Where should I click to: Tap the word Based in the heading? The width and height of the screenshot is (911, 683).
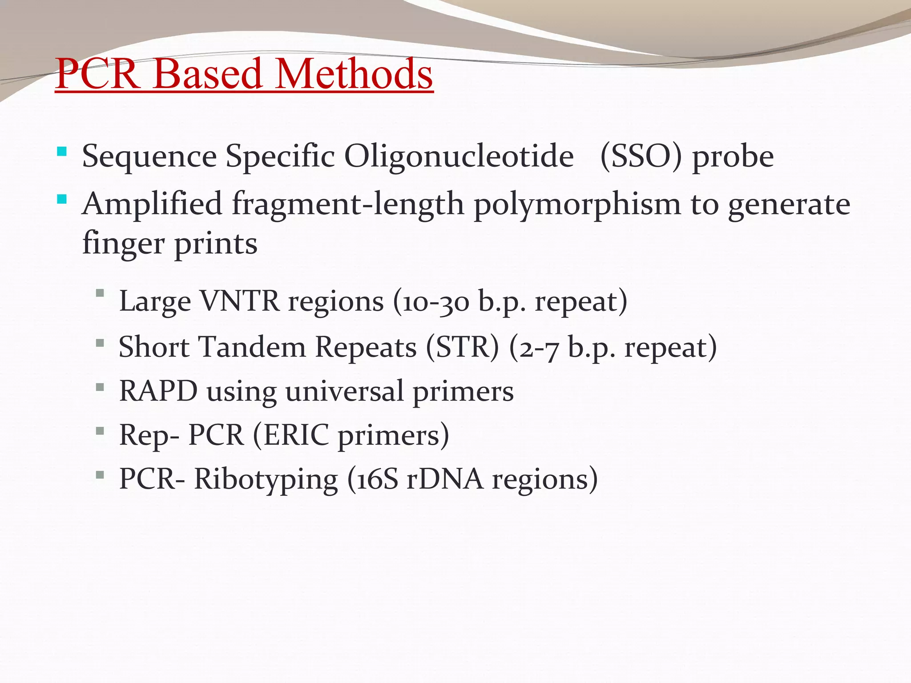pyautogui.click(x=208, y=74)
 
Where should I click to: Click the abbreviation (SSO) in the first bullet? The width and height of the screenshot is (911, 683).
pyautogui.click(x=641, y=157)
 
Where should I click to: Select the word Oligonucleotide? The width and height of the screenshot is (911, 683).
pyautogui.click(x=459, y=157)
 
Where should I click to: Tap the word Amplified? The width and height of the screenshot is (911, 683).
pyautogui.click(x=152, y=205)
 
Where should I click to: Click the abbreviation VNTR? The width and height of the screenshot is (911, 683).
pyautogui.click(x=239, y=301)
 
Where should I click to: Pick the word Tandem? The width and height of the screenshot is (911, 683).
pyautogui.click(x=252, y=347)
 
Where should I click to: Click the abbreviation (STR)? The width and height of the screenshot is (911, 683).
pyautogui.click(x=463, y=347)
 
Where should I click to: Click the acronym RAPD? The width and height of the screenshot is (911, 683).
pyautogui.click(x=158, y=391)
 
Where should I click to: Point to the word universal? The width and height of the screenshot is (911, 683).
pyautogui.click(x=344, y=392)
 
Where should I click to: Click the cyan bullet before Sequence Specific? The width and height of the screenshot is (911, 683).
pyautogui.click(x=62, y=152)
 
